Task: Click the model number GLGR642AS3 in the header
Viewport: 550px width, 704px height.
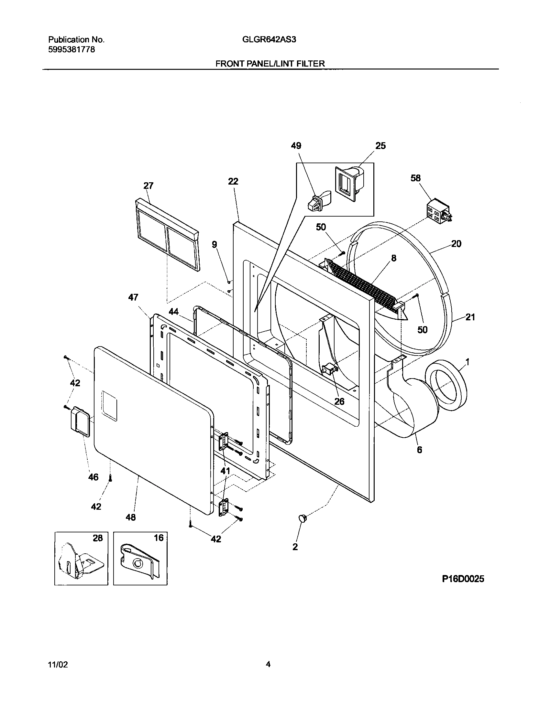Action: point(269,40)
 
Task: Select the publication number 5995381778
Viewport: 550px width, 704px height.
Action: point(71,50)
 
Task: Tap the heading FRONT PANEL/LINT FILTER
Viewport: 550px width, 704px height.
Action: point(270,64)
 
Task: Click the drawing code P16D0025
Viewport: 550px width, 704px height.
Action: point(463,579)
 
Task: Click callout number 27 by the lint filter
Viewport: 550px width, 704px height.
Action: point(148,186)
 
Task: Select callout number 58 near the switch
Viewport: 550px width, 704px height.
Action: point(416,178)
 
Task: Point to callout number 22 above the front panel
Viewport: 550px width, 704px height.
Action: point(233,181)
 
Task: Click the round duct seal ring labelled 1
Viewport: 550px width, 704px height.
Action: point(446,387)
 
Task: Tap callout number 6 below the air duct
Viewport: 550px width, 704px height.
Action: point(419,450)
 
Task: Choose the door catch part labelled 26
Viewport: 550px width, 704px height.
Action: point(330,369)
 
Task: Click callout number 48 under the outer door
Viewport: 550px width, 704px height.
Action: point(131,517)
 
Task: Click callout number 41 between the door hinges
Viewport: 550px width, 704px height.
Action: point(225,471)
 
